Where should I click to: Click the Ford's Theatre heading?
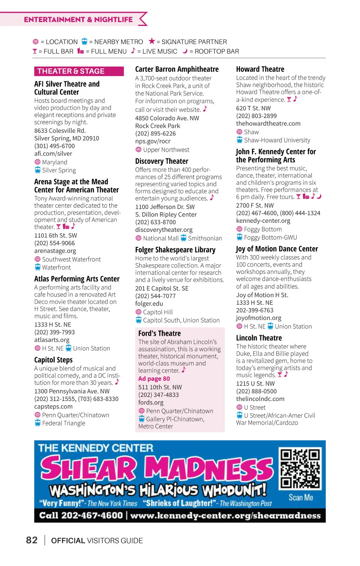pos(159,333)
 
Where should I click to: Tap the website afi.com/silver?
pos(53,153)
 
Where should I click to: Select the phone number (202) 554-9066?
pos(54,243)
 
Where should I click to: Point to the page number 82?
pos(31,540)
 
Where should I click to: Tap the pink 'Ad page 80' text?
pos(154,379)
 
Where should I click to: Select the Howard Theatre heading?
pos(260,69)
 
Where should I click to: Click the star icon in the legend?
pos(152,41)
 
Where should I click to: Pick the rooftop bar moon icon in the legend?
pos(185,51)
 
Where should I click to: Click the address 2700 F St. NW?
pos(255,205)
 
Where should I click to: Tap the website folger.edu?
pos(149,304)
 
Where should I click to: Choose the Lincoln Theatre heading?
pos(259,338)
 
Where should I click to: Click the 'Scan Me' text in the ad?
pos(301,498)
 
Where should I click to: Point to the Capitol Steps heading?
pos(53,360)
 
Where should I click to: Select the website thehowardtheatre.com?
pos(268,123)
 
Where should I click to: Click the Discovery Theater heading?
pos(161,161)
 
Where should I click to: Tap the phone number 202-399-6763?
pos(254,310)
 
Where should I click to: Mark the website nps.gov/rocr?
pos(152,141)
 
